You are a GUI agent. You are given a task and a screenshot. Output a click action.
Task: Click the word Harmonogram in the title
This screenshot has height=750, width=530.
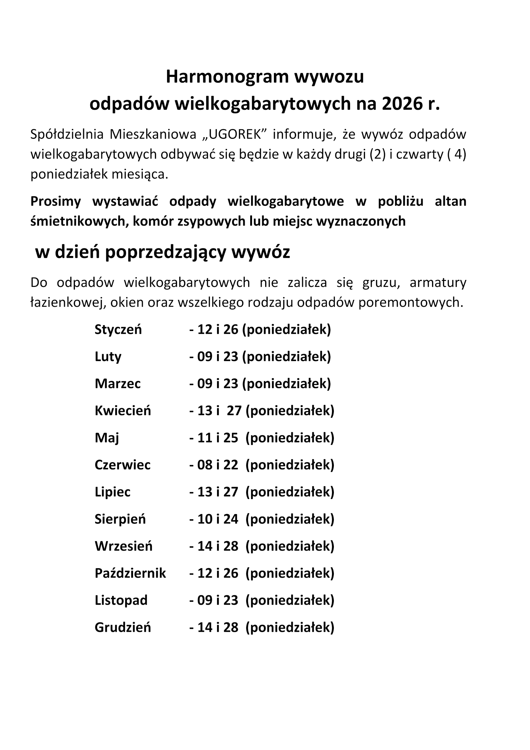pyautogui.click(x=227, y=77)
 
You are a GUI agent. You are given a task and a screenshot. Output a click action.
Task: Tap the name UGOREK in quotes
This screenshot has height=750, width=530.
pyautogui.click(x=235, y=134)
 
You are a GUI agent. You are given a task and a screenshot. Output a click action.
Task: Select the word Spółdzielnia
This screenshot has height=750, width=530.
pyautogui.click(x=67, y=134)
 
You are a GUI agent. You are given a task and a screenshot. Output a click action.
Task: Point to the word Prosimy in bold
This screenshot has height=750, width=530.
pyautogui.click(x=56, y=201)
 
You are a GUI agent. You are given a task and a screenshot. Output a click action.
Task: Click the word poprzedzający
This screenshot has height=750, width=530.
pyautogui.click(x=166, y=252)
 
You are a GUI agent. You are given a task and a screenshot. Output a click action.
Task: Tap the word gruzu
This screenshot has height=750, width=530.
pyautogui.click(x=381, y=282)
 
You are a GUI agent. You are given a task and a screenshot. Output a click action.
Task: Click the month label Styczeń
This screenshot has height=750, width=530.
pyautogui.click(x=118, y=329)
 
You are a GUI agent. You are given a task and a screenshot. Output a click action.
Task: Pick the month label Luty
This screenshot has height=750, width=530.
pyautogui.click(x=108, y=356)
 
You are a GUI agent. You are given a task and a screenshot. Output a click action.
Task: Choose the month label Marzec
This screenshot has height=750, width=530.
pyautogui.click(x=117, y=383)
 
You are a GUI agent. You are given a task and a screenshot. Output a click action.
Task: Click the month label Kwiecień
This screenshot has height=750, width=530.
pyautogui.click(x=123, y=411)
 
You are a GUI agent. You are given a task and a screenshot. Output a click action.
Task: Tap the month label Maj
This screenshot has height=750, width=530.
pyautogui.click(x=107, y=438)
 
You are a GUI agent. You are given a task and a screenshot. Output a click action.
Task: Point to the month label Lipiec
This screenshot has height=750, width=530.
pyautogui.click(x=112, y=492)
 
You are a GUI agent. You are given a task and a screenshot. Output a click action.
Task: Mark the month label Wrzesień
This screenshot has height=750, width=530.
pyautogui.click(x=123, y=546)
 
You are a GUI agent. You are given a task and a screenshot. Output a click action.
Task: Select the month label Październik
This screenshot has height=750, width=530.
pyautogui.click(x=130, y=573)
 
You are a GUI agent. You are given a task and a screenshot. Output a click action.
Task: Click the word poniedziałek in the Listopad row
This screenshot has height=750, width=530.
pyautogui.click(x=290, y=600)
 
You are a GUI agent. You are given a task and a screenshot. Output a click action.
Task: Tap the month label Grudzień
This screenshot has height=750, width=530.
pyautogui.click(x=123, y=627)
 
